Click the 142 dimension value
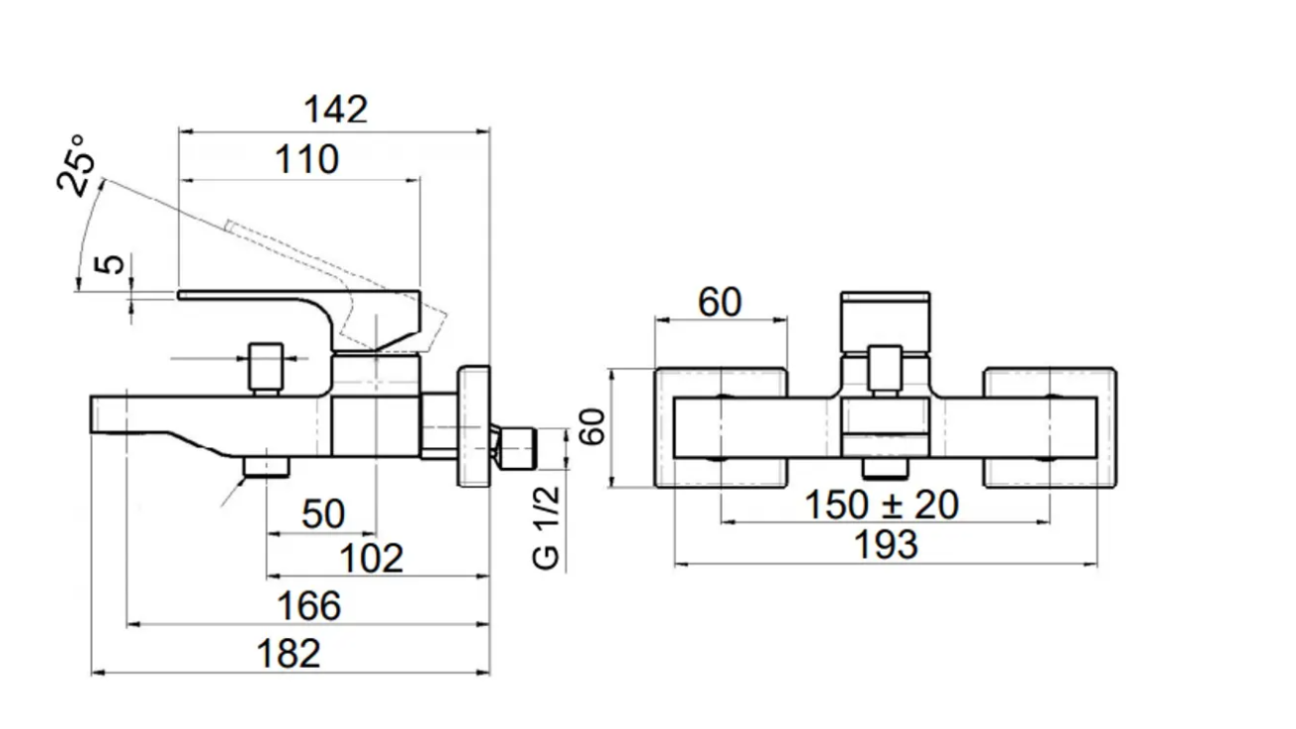click(x=335, y=110)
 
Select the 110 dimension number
click(x=307, y=160)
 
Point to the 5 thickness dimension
click(x=115, y=264)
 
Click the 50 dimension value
click(x=322, y=514)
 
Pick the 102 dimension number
click(x=372, y=559)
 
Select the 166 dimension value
click(x=309, y=605)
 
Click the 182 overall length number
click(x=289, y=654)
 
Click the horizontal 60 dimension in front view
click(x=720, y=303)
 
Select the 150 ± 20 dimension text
click(x=881, y=505)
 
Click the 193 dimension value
click(x=885, y=545)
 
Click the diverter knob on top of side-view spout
click(x=265, y=367)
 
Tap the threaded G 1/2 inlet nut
click(x=517, y=447)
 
